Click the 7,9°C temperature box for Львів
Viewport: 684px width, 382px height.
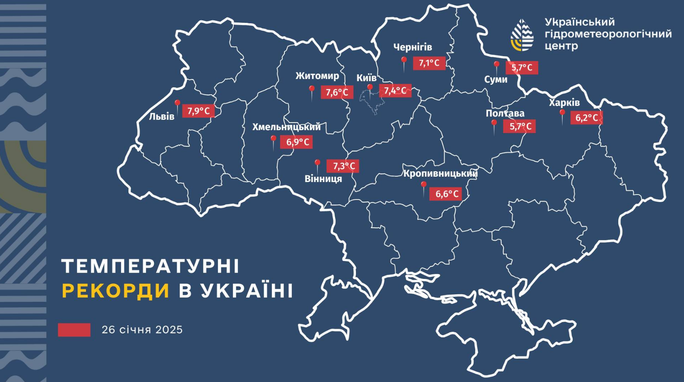click(198, 111)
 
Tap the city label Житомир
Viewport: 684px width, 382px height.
click(317, 76)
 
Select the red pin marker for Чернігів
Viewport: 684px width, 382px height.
click(404, 61)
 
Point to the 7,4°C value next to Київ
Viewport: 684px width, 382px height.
click(395, 91)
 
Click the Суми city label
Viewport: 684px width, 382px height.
click(496, 79)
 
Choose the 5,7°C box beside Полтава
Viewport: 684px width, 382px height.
click(520, 126)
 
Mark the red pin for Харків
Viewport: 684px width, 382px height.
click(562, 113)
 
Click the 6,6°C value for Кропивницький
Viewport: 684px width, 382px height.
click(447, 194)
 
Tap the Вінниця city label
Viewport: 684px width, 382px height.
click(323, 179)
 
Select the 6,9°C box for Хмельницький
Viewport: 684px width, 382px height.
click(297, 142)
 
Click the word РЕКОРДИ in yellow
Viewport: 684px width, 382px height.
click(116, 291)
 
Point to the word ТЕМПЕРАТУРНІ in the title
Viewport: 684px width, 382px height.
click(151, 266)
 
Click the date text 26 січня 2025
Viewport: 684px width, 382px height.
click(142, 330)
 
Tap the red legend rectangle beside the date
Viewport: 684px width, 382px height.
click(74, 330)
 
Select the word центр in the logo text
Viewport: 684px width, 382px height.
click(561, 46)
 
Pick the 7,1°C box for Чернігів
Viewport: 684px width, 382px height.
click(429, 63)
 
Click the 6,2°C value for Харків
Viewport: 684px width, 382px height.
click(586, 118)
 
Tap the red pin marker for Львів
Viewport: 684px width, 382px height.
click(178, 103)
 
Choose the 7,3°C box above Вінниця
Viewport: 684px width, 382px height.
click(343, 166)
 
